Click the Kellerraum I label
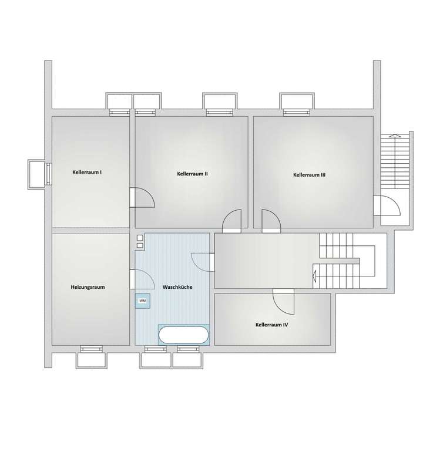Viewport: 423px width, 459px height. [87, 172]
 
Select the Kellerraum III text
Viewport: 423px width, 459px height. [309, 175]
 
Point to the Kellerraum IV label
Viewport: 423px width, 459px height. [271, 324]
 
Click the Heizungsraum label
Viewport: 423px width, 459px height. [88, 287]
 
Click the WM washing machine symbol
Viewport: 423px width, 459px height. [142, 301]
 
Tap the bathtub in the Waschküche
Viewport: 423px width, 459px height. [183, 335]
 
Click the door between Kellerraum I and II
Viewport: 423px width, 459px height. [142, 197]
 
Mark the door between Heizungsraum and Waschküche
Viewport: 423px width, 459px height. [143, 278]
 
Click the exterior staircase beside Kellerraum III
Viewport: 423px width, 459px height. [393, 160]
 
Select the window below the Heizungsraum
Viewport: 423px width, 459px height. [92, 350]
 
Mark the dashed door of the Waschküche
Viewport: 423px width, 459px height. [203, 262]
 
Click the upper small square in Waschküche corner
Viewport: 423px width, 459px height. [140, 237]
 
